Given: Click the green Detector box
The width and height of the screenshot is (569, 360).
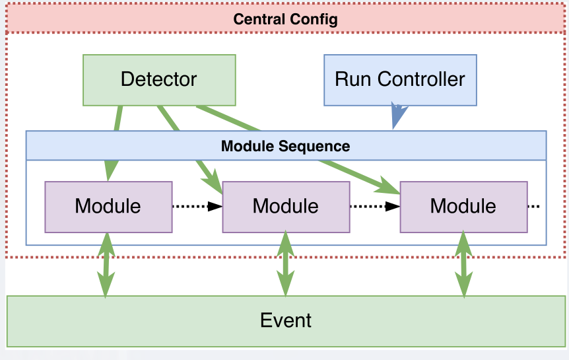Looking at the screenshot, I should (x=159, y=80).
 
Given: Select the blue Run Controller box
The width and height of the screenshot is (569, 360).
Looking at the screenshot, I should (x=400, y=80).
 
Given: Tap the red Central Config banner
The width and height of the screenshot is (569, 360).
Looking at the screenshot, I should (x=285, y=19).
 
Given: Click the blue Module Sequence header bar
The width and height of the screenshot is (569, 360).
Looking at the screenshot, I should (x=285, y=145).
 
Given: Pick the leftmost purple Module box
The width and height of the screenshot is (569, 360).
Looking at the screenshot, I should (x=108, y=207).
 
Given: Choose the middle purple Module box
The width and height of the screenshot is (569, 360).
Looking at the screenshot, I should (x=285, y=207).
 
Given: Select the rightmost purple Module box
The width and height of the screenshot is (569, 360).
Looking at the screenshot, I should (x=463, y=207).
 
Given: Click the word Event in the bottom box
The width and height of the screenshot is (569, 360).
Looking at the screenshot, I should (x=286, y=321).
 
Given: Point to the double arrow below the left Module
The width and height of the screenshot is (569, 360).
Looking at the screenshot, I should (x=106, y=264).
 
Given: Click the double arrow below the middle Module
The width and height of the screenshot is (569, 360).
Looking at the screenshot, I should (x=285, y=264).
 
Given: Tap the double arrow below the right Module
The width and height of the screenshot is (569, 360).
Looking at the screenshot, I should (x=463, y=264).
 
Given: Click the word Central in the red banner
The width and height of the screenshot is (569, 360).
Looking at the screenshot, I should (x=259, y=19).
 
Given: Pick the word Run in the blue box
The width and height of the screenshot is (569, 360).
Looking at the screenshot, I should (x=354, y=80).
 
